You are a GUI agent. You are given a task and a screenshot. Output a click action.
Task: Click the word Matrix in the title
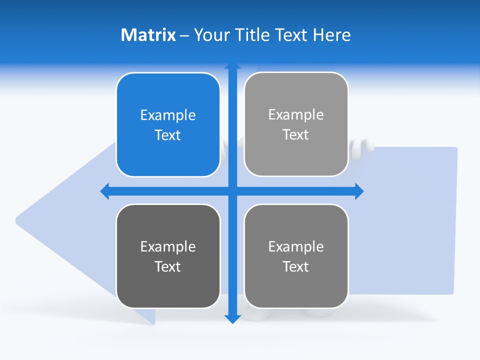[148, 35]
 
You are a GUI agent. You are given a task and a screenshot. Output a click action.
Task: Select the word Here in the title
[331, 35]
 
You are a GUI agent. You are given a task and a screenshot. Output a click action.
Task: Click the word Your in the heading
[210, 35]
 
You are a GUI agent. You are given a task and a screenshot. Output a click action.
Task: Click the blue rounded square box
[168, 125]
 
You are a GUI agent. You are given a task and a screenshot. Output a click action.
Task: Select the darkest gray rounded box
[168, 256]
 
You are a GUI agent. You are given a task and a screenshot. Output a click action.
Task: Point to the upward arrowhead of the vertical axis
[232, 66]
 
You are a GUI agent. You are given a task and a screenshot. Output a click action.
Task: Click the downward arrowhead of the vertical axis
[232, 318]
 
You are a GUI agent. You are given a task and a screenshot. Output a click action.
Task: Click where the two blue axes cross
[232, 191]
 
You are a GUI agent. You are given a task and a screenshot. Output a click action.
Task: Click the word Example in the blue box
[168, 115]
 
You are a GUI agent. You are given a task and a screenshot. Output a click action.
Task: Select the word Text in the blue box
[168, 135]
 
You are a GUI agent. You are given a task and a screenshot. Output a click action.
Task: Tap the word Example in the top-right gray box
[296, 115]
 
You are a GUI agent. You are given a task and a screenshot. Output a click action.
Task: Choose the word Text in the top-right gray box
[296, 135]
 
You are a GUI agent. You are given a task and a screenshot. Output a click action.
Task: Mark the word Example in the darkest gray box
[168, 246]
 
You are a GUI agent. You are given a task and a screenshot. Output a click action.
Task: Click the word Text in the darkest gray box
[168, 266]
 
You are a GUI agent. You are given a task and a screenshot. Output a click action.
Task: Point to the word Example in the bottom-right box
[296, 246]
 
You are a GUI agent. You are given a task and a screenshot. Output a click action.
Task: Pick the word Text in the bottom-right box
[296, 266]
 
